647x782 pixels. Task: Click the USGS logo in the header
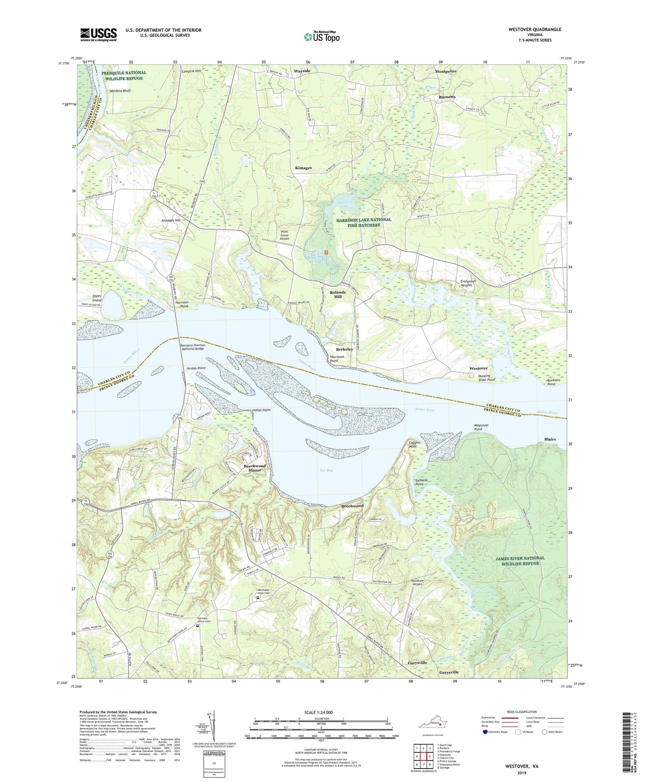[x=99, y=34]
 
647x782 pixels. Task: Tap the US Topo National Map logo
[x=321, y=37]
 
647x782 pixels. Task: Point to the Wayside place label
[x=302, y=71]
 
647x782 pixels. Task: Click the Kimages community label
[x=303, y=168]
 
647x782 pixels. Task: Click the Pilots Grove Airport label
[x=284, y=235]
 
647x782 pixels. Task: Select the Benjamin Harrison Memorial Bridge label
[x=193, y=347]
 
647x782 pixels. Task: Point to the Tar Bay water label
[x=326, y=470]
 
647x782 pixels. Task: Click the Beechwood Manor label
[x=254, y=468]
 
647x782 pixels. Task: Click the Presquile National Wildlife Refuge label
[x=124, y=75]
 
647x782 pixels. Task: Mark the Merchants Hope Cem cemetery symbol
[x=258, y=597]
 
